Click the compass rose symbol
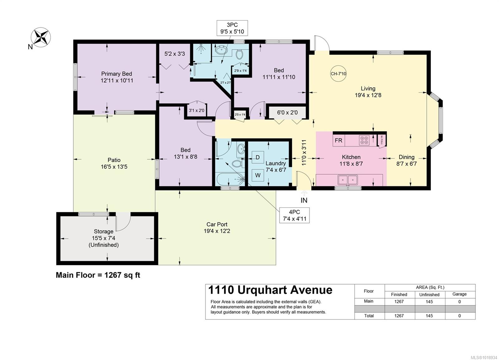tap(41, 37)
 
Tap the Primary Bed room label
tap(116, 74)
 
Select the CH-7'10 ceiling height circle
tap(338, 74)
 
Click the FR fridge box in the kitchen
tap(338, 141)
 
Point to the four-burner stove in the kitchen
tap(364, 140)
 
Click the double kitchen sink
tap(348, 180)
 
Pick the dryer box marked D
tap(258, 157)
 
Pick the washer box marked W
tap(258, 175)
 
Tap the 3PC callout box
tap(232, 28)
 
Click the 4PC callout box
tap(294, 215)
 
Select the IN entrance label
tap(304, 200)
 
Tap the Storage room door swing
tap(123, 222)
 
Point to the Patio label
tap(114, 160)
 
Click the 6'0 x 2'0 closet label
tap(287, 113)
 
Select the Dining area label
tap(406, 157)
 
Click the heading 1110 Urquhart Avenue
tap(270, 290)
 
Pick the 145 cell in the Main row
tap(429, 301)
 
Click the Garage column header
tap(459, 294)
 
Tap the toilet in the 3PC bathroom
tap(239, 55)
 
